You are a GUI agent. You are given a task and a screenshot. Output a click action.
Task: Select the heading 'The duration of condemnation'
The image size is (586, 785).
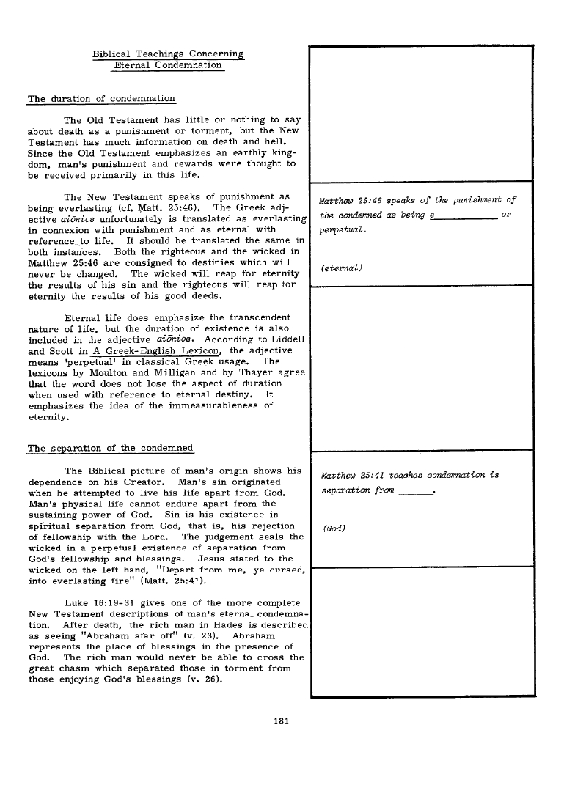(x=101, y=98)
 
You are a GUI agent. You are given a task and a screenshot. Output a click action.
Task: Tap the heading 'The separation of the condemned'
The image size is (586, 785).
(x=110, y=449)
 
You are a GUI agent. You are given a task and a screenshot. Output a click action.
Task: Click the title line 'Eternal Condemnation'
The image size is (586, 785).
(x=168, y=65)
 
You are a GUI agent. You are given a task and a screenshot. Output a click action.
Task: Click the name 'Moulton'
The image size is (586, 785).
(x=115, y=372)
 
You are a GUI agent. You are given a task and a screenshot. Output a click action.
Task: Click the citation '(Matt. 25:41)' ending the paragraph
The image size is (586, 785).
(x=172, y=580)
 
